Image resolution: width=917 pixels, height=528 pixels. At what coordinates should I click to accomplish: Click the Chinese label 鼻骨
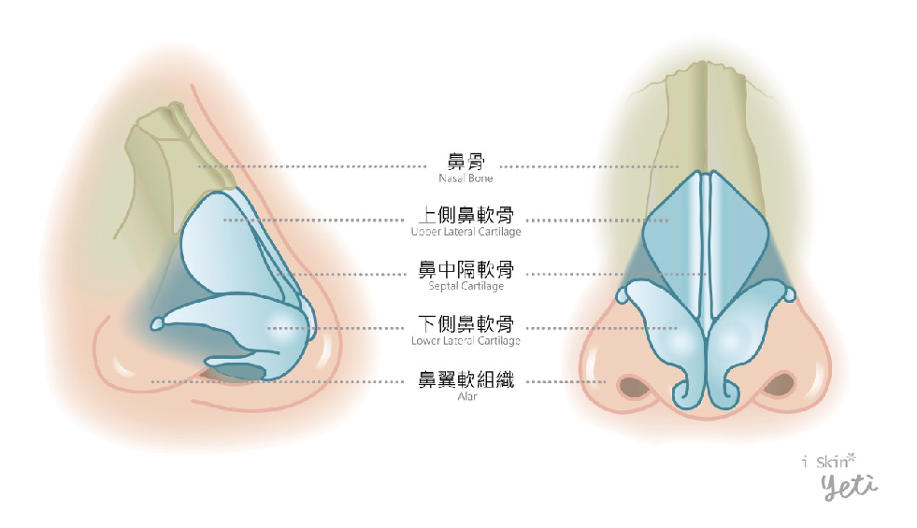[466, 162]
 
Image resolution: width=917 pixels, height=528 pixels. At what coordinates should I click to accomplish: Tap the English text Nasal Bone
[466, 178]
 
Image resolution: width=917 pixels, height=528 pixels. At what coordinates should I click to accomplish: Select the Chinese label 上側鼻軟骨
[466, 215]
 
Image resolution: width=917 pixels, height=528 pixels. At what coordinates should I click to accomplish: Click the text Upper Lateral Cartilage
[466, 232]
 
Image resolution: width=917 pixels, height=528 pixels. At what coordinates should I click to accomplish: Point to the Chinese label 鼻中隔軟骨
[466, 269]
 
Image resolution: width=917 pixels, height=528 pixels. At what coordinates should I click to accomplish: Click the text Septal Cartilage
[466, 286]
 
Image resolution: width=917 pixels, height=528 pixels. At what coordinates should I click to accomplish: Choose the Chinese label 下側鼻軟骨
[466, 324]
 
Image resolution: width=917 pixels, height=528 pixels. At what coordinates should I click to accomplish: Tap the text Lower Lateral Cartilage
[466, 340]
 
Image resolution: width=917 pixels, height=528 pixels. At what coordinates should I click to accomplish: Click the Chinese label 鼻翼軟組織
[466, 379]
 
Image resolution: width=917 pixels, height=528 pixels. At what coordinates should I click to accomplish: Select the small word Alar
[466, 396]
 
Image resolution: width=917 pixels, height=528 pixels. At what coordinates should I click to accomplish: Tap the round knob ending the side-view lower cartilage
[157, 324]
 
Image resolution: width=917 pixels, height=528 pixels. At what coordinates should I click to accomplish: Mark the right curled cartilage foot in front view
[725, 392]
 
